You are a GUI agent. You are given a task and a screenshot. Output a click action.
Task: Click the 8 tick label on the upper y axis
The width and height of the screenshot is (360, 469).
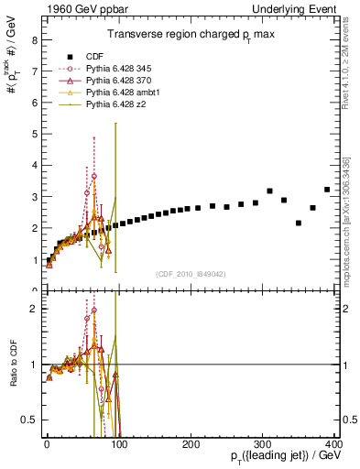[x=33, y=39]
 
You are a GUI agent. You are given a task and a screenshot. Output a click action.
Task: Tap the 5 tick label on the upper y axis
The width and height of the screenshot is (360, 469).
[x=33, y=134]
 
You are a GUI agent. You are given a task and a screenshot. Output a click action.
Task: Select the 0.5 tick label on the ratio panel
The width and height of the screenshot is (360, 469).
[x=28, y=420]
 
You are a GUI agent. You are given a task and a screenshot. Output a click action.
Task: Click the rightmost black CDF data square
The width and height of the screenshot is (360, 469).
[x=327, y=190]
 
